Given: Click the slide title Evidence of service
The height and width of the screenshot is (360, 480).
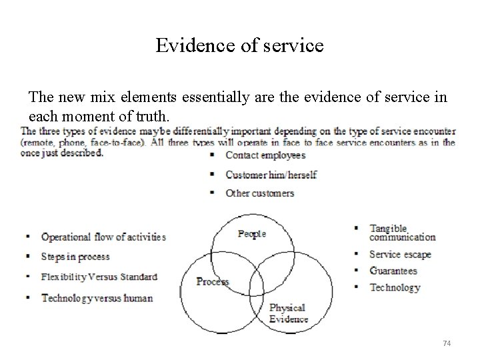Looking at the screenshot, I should tap(239, 45).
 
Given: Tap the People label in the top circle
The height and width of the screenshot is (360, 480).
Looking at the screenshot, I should tap(252, 233).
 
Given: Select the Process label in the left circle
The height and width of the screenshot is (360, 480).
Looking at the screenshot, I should tap(213, 281).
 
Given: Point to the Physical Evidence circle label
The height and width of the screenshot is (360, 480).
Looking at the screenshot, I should tap(288, 313).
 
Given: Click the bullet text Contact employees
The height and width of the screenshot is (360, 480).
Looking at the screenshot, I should tap(265, 155).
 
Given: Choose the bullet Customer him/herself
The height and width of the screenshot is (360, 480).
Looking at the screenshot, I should tap(271, 175).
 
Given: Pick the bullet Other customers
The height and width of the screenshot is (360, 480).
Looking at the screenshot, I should tap(259, 193).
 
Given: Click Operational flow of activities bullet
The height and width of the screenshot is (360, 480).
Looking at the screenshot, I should tap(103, 237).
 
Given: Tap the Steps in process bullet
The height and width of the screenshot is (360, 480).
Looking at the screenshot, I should tap(75, 257).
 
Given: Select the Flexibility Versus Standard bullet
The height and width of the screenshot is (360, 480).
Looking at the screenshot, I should tap(99, 277).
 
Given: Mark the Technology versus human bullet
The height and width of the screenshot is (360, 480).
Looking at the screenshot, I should tap(97, 298).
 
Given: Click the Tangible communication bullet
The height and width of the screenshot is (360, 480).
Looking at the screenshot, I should tap(402, 233).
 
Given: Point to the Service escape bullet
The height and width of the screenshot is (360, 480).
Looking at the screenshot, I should tap(400, 254).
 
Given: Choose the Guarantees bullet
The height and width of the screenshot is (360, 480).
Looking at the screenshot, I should tap(393, 271).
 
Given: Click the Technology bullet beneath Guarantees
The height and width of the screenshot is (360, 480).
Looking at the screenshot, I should tap(395, 287).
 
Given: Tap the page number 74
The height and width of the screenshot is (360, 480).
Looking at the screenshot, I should tap(447, 343).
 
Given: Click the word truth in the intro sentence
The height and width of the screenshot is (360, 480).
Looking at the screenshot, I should tap(155, 116).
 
